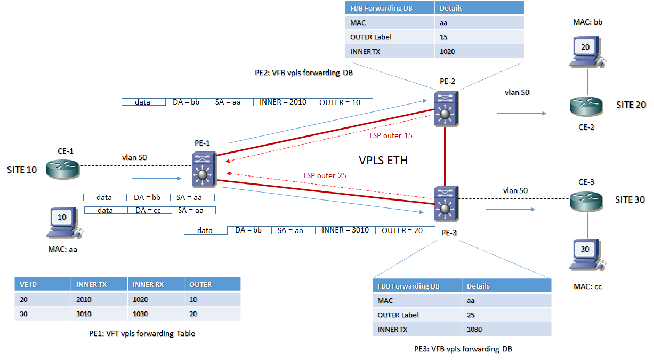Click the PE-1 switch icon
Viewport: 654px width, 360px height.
(x=203, y=169)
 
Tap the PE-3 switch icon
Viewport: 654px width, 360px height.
(x=445, y=204)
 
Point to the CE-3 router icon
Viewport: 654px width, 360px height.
(x=587, y=201)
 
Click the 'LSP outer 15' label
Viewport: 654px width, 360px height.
(x=391, y=135)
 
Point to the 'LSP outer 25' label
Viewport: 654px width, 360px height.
(x=325, y=175)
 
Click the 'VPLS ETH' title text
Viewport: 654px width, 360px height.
(x=383, y=160)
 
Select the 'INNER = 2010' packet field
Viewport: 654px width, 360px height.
(x=283, y=102)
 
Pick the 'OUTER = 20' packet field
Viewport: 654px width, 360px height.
(x=402, y=230)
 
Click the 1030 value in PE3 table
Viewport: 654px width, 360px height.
(x=474, y=329)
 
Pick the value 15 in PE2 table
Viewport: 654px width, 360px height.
(x=444, y=37)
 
